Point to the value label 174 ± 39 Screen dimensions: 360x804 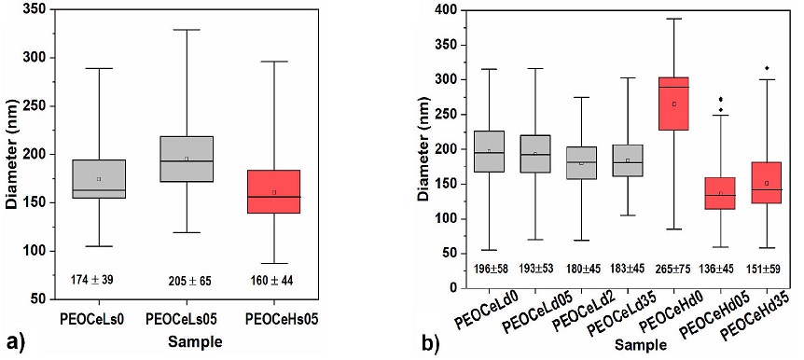coord(98,279)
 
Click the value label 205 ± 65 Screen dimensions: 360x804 coord(187,279)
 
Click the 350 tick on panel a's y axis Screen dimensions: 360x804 coord(34,9)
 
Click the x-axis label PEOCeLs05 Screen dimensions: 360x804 coord(187,320)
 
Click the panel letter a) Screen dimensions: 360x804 coord(13,341)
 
